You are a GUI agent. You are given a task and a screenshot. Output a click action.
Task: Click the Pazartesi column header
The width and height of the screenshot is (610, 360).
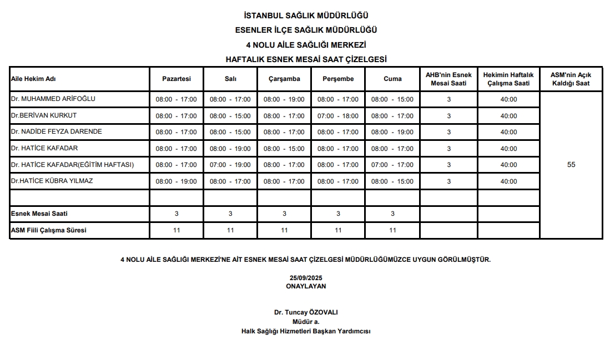[176, 79]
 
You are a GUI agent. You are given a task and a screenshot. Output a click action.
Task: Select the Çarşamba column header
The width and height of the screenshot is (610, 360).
[284, 79]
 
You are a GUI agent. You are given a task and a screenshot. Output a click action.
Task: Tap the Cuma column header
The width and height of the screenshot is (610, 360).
[392, 79]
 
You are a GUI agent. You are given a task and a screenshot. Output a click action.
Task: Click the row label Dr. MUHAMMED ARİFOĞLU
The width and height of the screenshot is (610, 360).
[53, 99]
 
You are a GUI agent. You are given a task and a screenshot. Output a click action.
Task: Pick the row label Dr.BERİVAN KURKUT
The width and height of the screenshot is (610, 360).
[44, 115]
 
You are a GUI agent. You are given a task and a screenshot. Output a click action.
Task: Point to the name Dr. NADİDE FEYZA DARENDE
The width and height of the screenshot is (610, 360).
[57, 131]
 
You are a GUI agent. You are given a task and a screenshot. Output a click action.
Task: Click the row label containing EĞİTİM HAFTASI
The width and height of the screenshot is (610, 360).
[73, 165]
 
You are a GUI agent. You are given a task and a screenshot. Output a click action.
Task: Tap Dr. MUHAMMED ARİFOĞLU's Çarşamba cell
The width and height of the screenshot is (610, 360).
[284, 99]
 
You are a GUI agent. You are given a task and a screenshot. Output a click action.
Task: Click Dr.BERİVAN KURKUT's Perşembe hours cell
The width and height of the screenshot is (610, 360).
[338, 116]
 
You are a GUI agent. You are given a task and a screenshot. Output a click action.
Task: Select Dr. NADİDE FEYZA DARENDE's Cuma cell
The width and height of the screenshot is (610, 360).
[392, 132]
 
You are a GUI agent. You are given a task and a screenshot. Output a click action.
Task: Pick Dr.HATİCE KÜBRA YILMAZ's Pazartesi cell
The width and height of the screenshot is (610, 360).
[176, 181]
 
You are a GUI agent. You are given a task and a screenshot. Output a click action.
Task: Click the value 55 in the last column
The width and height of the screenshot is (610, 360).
[571, 165]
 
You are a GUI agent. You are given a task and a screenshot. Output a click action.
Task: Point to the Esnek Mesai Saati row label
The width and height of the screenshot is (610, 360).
[39, 214]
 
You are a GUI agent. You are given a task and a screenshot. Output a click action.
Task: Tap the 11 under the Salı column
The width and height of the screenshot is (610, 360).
[230, 230]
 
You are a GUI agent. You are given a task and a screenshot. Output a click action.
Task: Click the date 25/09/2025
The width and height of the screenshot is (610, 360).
[305, 277]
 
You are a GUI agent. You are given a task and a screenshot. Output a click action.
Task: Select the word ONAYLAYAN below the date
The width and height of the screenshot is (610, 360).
[305, 286]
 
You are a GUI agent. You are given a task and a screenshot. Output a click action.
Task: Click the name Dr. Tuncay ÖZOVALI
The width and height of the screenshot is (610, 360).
[305, 312]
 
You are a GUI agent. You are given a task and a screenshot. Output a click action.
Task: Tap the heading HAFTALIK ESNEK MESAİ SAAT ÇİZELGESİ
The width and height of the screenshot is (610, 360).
[306, 59]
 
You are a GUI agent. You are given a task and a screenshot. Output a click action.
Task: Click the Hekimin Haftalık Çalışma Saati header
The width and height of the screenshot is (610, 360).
[508, 79]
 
